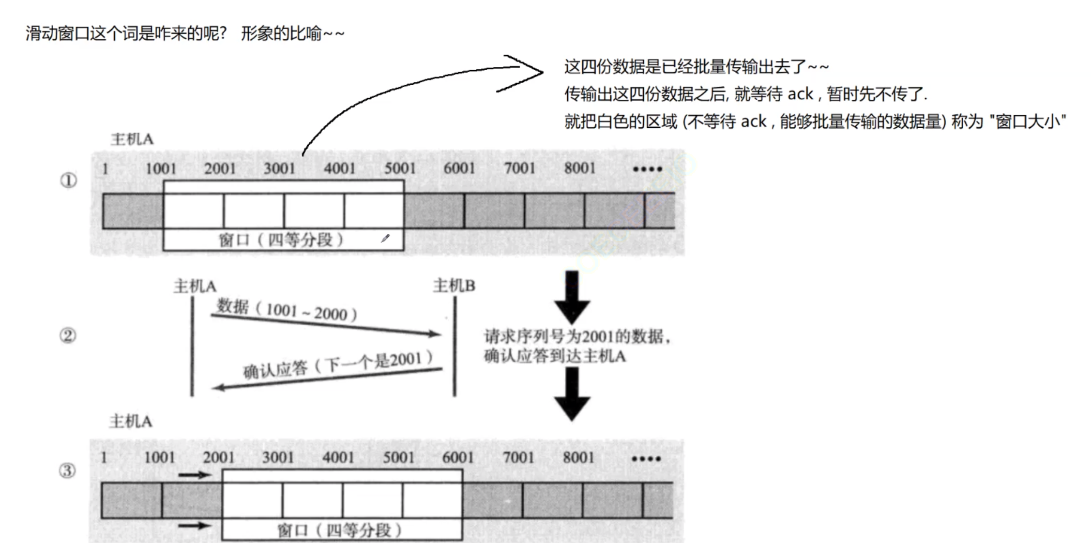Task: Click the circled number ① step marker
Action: (x=68, y=181)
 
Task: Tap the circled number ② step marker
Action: (x=68, y=335)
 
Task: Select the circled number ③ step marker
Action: (x=67, y=470)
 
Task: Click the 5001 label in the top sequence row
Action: (x=400, y=168)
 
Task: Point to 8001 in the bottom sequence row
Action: (x=578, y=457)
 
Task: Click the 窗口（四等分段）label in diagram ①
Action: (x=281, y=240)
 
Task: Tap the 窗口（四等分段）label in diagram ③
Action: (x=339, y=530)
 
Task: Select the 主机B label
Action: (x=454, y=286)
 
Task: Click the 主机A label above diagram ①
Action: (x=132, y=140)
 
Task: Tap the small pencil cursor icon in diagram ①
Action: (x=385, y=238)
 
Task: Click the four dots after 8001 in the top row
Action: (x=647, y=169)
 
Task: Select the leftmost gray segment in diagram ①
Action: (x=133, y=211)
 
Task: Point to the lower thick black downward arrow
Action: (x=572, y=393)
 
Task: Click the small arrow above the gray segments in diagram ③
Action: (x=195, y=475)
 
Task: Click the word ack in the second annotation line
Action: (x=800, y=94)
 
